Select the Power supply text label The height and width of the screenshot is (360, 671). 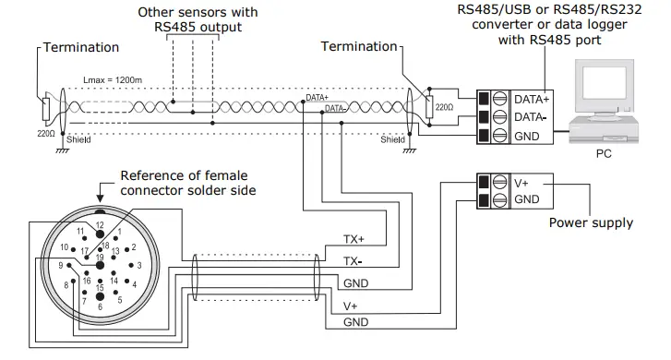point(591,222)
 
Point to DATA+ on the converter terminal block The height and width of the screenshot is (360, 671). point(533,98)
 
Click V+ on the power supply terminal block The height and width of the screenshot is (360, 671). point(522,181)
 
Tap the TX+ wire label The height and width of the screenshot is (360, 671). point(354,240)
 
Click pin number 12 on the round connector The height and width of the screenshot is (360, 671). point(100,225)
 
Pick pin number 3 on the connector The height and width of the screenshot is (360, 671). point(138,266)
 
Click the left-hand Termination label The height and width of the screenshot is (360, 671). point(80,46)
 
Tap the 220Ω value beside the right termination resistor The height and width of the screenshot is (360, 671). point(444,107)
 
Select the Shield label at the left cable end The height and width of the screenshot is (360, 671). point(78,139)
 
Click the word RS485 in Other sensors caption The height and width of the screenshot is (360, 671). point(176,27)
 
